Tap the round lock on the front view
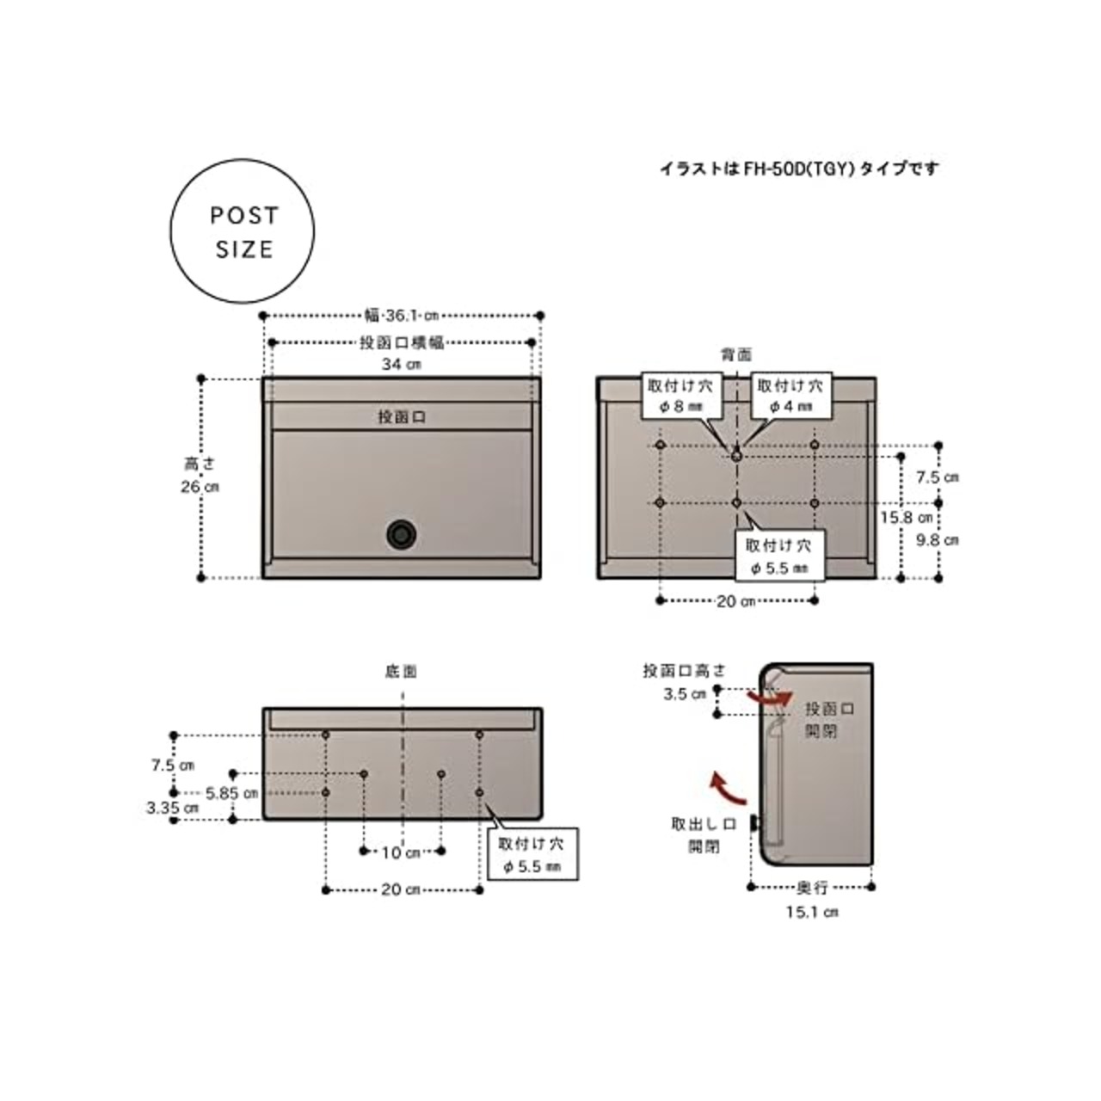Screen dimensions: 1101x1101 pyautogui.click(x=401, y=535)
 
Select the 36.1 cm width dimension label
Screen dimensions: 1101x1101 pyautogui.click(x=402, y=316)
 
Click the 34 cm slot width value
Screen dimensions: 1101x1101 pyautogui.click(x=402, y=364)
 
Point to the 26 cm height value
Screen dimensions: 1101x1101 pyautogui.click(x=200, y=487)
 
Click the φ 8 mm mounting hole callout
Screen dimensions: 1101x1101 pyautogui.click(x=680, y=397)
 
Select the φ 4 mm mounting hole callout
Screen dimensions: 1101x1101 pyautogui.click(x=790, y=397)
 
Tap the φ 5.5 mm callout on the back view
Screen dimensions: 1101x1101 pyautogui.click(x=779, y=556)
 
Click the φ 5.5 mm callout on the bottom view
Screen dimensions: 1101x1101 pyautogui.click(x=532, y=854)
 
